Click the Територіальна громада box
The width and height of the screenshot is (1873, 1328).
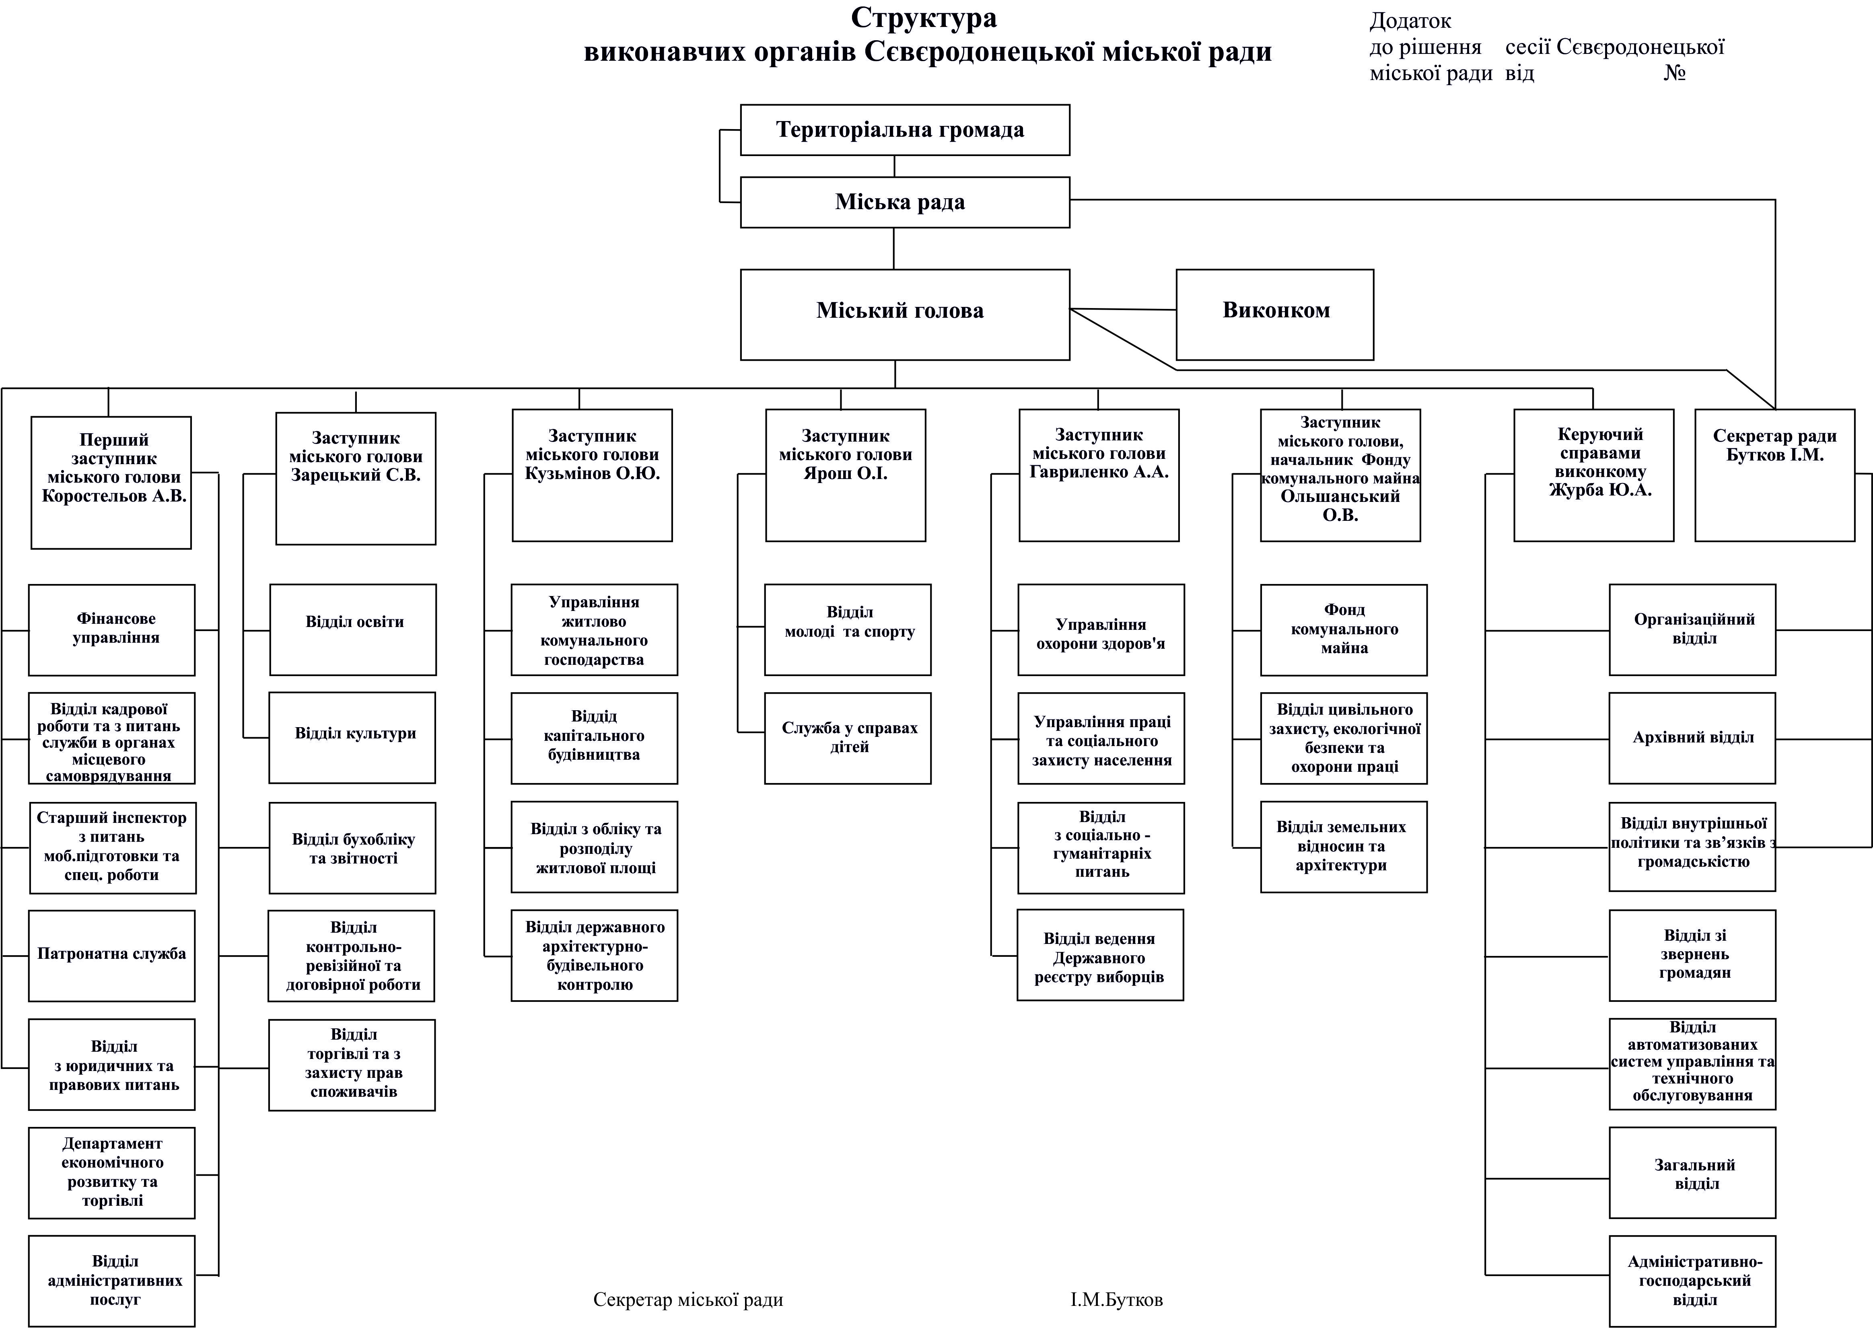[x=905, y=130]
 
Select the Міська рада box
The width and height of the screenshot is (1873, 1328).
[x=905, y=202]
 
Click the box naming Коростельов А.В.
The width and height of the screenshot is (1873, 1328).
[x=111, y=483]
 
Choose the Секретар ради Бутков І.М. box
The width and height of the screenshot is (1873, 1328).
[x=1774, y=475]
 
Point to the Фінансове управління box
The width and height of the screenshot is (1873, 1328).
[x=112, y=630]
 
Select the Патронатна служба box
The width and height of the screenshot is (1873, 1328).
[x=112, y=955]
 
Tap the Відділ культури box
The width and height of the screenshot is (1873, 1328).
[x=352, y=738]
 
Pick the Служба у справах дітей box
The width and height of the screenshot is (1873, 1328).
[x=847, y=738]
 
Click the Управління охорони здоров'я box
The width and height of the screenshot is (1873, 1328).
[x=1101, y=630]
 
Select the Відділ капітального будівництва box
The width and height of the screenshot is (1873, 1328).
[x=595, y=738]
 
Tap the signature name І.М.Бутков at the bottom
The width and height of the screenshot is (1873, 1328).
[x=1116, y=1299]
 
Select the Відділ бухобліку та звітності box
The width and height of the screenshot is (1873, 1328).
[x=352, y=848]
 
